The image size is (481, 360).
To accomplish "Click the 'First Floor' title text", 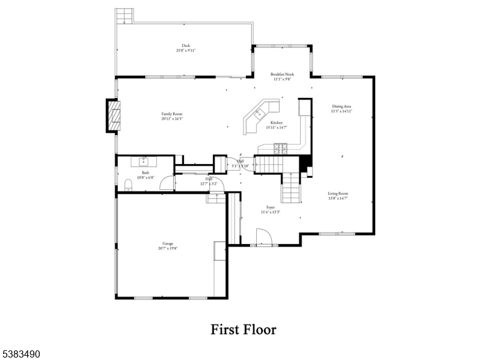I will pos(243,329).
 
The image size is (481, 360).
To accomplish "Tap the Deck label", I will pos(186,45).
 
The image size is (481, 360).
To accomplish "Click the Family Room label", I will pos(171,114).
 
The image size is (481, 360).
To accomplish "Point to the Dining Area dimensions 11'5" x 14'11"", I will pos(341,111).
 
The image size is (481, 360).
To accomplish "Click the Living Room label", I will pos(338,194).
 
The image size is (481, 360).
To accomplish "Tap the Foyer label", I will pos(271,207).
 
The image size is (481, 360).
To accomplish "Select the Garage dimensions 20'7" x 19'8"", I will pos(168,248).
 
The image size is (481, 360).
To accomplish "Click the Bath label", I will pos(146,172).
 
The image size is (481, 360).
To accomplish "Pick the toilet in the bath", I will pos(127,185).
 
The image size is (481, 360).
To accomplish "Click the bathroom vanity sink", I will pos(144,161).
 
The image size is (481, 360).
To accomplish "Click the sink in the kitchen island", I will pos(260,112).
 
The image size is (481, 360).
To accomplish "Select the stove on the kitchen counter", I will pos(280,147).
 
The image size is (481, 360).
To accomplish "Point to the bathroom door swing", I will pos(165,184).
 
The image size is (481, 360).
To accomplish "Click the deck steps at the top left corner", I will pos(124,16).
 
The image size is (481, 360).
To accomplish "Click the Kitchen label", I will pos(276,123).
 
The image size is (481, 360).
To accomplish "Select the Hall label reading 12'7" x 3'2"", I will pos(209,181).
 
